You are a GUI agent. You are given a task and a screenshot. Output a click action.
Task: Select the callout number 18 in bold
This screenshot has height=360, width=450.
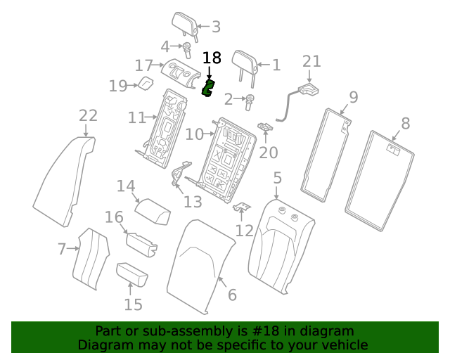212,58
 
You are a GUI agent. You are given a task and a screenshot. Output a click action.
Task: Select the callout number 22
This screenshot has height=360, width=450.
88,115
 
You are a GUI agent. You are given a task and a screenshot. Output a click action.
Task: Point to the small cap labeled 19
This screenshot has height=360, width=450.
145,84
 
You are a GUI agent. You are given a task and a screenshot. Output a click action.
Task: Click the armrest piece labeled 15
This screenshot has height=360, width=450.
131,274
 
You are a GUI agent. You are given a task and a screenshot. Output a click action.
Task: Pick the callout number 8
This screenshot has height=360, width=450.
405,124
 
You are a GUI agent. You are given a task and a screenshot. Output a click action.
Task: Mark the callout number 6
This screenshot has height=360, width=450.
232,295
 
